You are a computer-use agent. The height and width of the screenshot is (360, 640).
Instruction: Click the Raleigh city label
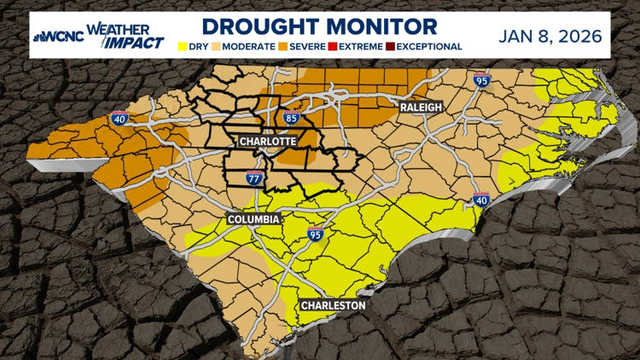pos(421,107)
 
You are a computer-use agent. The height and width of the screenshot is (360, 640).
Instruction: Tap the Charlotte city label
pos(267,141)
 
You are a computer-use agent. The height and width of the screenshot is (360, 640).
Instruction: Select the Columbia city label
pos(253,219)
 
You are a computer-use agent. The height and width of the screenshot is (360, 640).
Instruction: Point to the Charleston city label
pos(333,305)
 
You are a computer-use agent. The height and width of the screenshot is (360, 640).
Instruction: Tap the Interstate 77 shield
pos(254,177)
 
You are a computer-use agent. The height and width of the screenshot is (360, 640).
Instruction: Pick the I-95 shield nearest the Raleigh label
pos(481,81)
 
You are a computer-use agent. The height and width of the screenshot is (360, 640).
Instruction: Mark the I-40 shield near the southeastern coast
pos(481,200)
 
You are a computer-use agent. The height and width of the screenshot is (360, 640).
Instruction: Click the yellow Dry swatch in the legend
pos(183,46)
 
